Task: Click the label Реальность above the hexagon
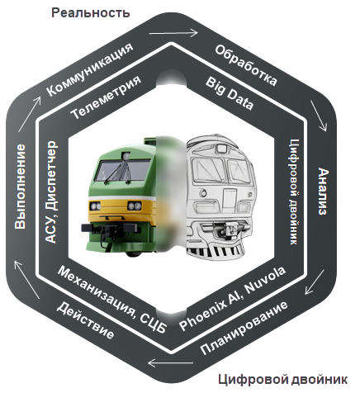(90, 13)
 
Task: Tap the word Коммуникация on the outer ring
(90, 70)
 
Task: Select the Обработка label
(246, 65)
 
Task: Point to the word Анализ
(324, 192)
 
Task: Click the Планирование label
(244, 328)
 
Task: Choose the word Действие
(85, 320)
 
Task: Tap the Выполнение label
(20, 187)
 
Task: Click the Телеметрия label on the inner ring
(106, 97)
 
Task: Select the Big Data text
(230, 93)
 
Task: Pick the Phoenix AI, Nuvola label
(233, 298)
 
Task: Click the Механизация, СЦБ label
(112, 299)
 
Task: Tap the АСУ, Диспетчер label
(51, 192)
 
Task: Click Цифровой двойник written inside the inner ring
(293, 192)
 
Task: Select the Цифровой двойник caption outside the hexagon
(282, 380)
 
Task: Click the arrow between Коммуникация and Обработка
(173, 33)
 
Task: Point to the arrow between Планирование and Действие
(171, 362)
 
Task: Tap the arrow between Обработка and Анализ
(319, 116)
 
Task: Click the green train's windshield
(122, 170)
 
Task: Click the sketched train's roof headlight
(221, 149)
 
